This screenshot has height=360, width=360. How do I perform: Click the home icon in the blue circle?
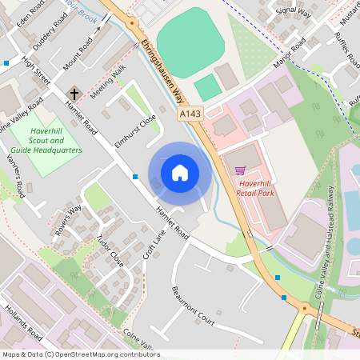tap(180, 172)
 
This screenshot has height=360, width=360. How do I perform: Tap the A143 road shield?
tap(190, 115)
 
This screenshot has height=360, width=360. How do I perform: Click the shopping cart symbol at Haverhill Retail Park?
tap(240, 170)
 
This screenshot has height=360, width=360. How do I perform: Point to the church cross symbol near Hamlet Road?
tap(74, 93)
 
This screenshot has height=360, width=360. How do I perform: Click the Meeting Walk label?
tap(108, 82)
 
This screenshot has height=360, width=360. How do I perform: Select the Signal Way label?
tap(294, 10)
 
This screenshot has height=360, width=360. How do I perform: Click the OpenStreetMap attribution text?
tap(80, 354)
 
